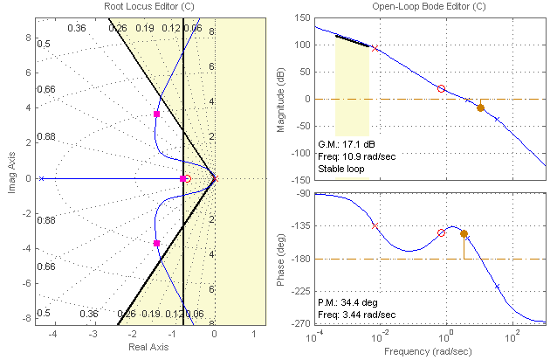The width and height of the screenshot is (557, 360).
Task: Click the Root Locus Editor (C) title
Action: (135, 7)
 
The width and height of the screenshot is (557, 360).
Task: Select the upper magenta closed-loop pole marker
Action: (156, 114)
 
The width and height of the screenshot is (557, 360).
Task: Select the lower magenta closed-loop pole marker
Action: (156, 243)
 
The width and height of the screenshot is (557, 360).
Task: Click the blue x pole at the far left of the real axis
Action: (42, 178)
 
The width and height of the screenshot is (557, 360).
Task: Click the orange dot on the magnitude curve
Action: (480, 107)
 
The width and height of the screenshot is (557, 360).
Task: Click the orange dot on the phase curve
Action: (464, 233)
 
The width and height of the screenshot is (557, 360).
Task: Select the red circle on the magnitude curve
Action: (441, 88)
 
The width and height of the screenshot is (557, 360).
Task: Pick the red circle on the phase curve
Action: (441, 232)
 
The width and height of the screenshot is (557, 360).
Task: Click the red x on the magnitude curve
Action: (375, 49)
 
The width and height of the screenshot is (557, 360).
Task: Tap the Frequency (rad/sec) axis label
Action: (430, 351)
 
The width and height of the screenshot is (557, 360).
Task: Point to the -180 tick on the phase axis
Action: (300, 260)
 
